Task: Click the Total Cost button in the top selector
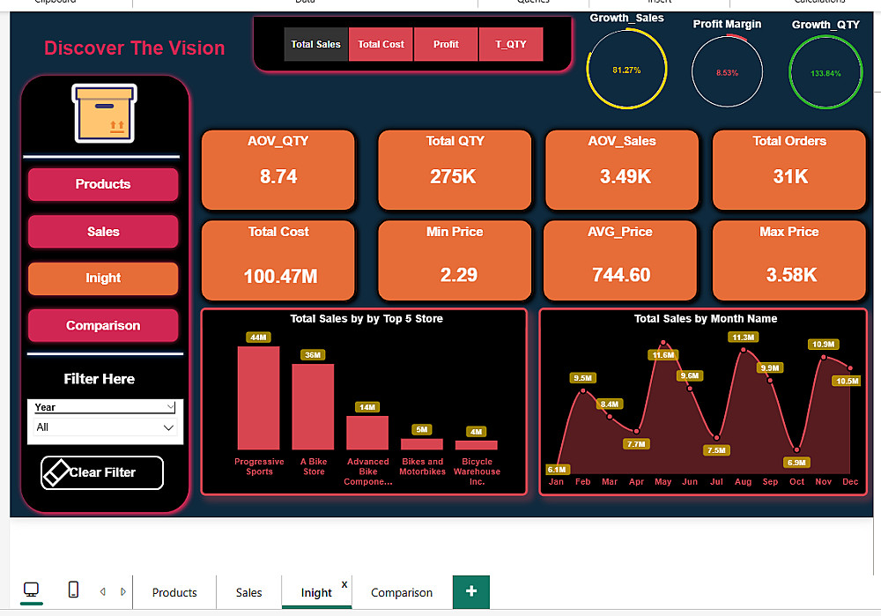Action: pos(381,44)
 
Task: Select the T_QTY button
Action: pos(511,44)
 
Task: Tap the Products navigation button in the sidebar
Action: pos(103,184)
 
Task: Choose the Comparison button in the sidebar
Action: pos(103,325)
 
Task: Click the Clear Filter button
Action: pos(102,472)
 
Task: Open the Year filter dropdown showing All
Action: pos(105,427)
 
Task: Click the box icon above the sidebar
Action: pos(104,114)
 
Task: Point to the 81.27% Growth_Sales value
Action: pos(626,70)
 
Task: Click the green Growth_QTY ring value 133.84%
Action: pos(825,73)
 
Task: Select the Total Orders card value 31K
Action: pos(790,176)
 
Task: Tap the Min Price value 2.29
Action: pos(458,275)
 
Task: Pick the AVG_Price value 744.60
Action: pos(621,275)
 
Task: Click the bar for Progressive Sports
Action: pos(258,397)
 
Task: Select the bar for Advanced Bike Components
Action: pos(366,433)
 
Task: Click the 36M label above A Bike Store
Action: pos(313,355)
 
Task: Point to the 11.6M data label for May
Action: pos(663,355)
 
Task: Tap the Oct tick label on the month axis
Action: pos(797,482)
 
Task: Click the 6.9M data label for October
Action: pos(797,463)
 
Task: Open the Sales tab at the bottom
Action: pos(249,592)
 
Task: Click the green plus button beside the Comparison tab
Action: pos(471,591)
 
